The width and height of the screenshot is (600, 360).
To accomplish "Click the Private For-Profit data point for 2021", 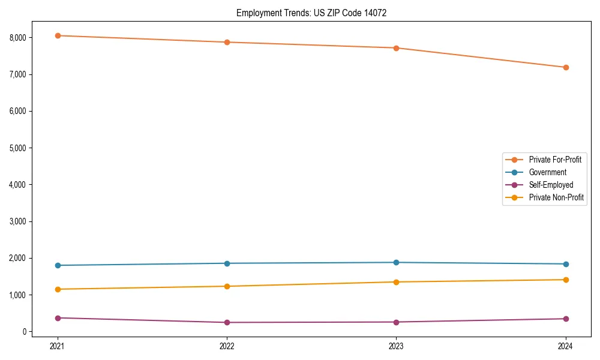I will click(58, 35).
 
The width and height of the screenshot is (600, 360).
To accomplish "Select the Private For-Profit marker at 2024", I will click(566, 67).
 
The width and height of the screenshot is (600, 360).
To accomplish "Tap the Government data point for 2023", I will click(396, 262).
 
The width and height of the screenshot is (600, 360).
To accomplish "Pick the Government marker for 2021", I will click(58, 265).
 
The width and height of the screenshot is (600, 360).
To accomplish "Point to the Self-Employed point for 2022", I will click(227, 322).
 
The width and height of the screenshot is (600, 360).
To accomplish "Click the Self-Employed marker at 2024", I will click(566, 319).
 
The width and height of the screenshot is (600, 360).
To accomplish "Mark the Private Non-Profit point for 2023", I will click(396, 282).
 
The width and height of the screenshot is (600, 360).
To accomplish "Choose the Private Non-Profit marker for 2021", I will click(58, 289).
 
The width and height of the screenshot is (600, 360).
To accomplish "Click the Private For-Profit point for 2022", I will click(227, 42).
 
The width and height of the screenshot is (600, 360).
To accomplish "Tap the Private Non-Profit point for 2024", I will click(566, 280).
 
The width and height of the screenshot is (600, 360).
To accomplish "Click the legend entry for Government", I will click(547, 172).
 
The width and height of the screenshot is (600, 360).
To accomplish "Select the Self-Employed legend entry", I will click(551, 185).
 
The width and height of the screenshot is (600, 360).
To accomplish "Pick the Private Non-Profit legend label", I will click(556, 197).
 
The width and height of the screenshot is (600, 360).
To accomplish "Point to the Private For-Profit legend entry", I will click(554, 160).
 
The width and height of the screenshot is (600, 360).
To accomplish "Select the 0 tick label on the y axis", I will click(25, 332).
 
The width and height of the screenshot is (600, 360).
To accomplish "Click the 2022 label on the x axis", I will click(227, 346).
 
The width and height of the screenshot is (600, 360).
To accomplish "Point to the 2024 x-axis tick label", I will click(566, 346).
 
